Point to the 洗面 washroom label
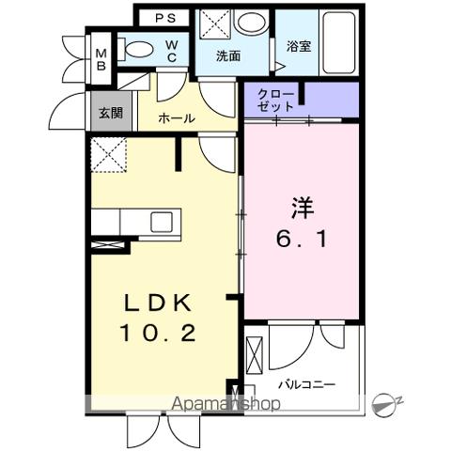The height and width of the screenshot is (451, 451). [228, 55]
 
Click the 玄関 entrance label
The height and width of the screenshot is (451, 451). [111, 114]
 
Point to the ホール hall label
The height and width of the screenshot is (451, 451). [177, 118]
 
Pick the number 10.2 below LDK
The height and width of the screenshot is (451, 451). [158, 332]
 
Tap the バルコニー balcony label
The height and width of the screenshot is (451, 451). [306, 385]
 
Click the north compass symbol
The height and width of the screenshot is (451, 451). [384, 404]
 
